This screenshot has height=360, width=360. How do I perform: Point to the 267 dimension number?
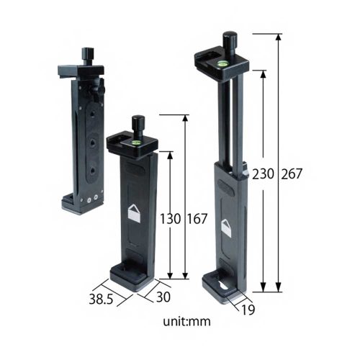coord(292,174)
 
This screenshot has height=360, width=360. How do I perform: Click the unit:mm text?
coord(181,321)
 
